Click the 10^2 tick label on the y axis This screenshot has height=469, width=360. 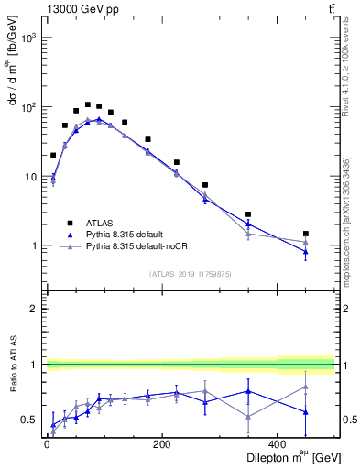28,107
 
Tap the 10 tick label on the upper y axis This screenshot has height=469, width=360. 31,177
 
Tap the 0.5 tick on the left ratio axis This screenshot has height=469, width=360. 33,420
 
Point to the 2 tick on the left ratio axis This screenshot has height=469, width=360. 37,309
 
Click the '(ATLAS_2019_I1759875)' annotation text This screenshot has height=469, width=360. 190,273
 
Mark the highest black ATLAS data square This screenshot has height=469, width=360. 88,104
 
